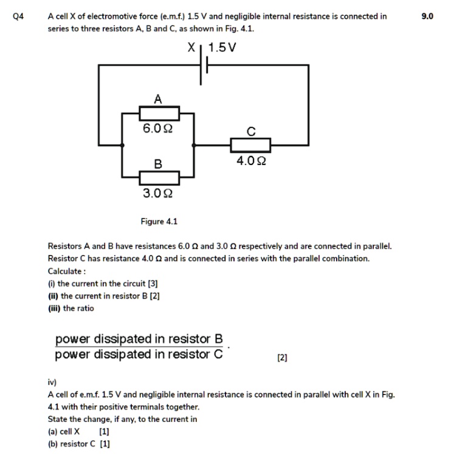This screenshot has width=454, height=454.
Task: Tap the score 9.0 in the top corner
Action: (428, 16)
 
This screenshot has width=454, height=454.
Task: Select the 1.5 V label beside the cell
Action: (223, 47)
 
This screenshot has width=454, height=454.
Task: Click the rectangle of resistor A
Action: (159, 113)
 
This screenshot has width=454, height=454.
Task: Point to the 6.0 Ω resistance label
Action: (157, 129)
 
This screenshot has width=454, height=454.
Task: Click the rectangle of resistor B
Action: (159, 178)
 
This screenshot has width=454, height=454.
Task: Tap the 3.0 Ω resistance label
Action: (157, 194)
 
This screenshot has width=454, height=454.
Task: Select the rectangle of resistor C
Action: (250, 145)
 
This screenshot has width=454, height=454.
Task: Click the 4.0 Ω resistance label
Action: (251, 161)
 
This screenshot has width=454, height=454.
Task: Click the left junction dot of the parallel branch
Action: (123, 145)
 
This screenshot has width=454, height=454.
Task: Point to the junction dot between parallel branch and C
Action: (194, 145)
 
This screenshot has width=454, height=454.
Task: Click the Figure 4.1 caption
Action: (159, 222)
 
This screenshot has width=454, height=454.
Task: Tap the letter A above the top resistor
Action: (157, 98)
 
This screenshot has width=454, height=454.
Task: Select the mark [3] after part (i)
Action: (153, 283)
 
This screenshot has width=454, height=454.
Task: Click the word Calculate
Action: (66, 271)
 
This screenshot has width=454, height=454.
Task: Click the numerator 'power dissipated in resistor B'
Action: (139, 338)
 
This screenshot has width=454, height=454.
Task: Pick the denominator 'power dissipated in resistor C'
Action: (139, 354)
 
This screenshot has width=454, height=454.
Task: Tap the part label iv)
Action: (52, 382)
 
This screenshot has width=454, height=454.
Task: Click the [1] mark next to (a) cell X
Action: (104, 432)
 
